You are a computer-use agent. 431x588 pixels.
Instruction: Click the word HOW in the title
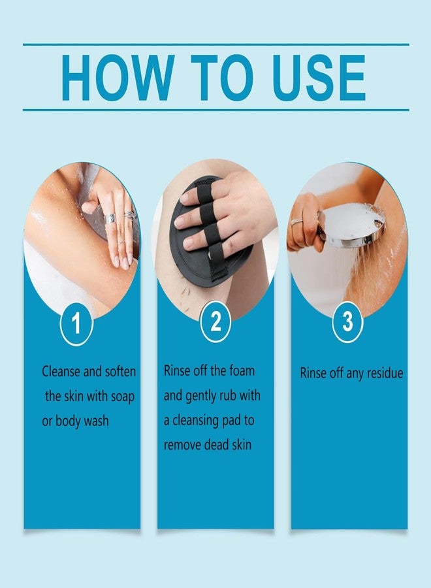point(118,78)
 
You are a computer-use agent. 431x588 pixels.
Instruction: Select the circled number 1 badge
point(76,323)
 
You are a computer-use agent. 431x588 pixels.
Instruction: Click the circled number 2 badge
point(215,321)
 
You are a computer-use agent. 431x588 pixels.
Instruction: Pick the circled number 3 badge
point(348,321)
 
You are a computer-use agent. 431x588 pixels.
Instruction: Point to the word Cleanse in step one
point(61,372)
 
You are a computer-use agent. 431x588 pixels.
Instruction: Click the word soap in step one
point(123,397)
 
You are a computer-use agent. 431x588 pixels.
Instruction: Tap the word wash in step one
point(96,421)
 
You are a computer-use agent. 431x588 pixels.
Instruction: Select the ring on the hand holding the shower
point(296,221)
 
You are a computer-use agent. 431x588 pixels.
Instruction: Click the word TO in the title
point(222,78)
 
